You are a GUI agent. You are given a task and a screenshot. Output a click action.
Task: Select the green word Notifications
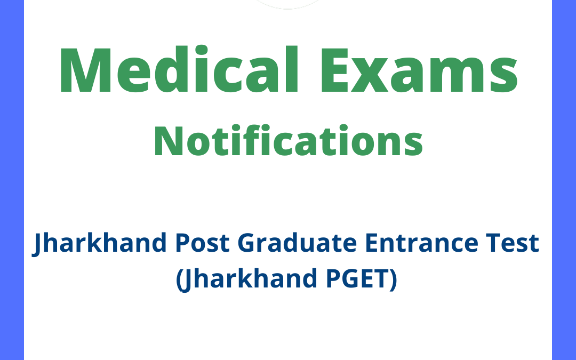(288, 141)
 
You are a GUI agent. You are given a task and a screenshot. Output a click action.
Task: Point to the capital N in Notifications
(166, 141)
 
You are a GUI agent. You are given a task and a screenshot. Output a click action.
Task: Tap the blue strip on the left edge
(12, 180)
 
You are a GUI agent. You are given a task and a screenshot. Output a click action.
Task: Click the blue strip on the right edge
(564, 180)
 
